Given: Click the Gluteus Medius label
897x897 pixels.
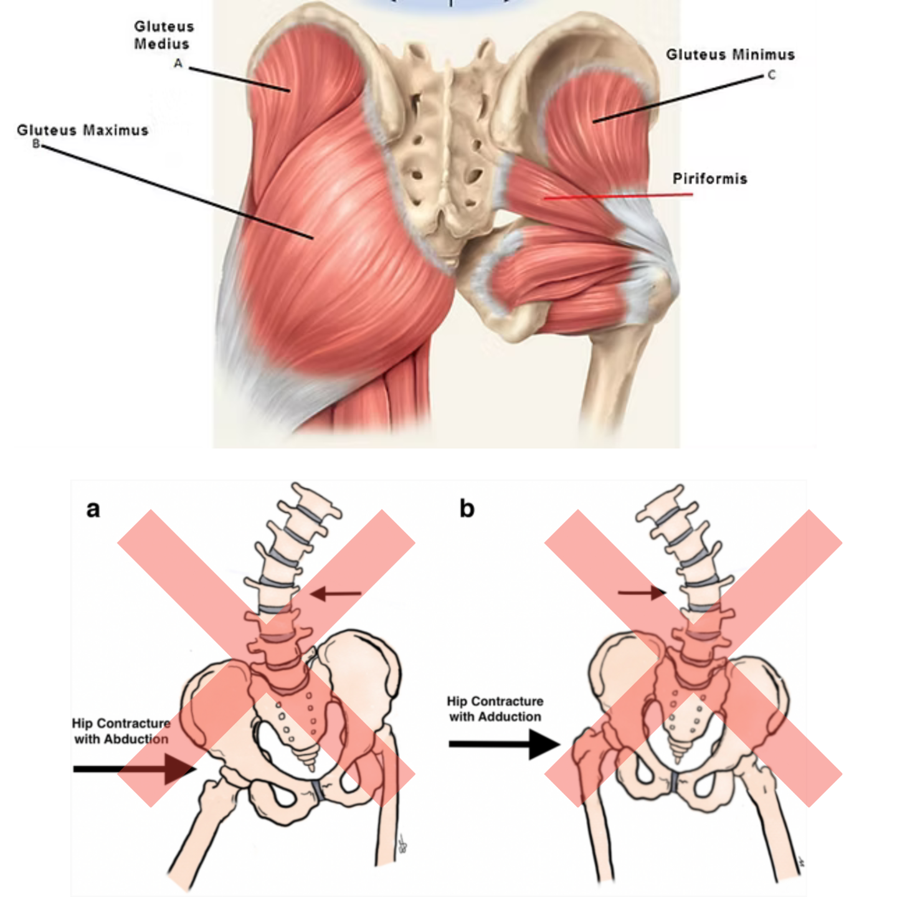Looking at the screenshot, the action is [163, 35].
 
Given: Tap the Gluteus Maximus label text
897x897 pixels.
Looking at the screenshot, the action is [83, 130].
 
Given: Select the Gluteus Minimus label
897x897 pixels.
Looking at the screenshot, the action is [730, 55].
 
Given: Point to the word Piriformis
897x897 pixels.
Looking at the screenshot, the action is [710, 179].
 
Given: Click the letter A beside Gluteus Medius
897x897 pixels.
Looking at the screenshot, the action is [178, 63].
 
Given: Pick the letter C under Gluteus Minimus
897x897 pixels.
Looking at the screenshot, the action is [771, 75].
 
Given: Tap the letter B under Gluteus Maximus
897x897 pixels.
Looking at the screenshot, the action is [36, 144].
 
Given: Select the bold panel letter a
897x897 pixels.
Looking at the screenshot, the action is [93, 509].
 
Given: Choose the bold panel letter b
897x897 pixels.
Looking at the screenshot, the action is [467, 509].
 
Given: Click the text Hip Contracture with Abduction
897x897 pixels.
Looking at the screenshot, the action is [121, 731].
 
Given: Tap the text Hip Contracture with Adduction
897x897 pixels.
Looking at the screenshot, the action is [495, 709].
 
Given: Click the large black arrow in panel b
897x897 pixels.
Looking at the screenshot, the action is [505, 744].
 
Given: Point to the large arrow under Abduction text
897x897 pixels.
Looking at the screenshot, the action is [135, 769].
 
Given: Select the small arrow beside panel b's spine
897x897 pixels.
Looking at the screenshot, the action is [642, 592].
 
